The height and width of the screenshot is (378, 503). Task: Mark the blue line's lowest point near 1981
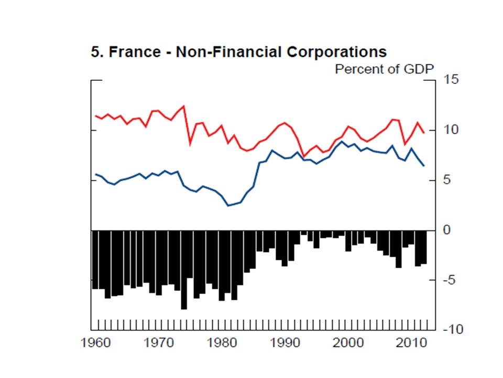tap(228, 205)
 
